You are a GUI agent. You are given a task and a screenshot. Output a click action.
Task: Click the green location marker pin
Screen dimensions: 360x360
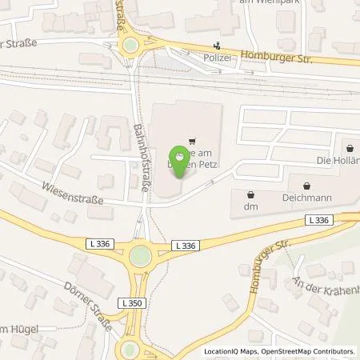tap(180, 160)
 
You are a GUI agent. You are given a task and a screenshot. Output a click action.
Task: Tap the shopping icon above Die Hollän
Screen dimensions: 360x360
tap(350, 147)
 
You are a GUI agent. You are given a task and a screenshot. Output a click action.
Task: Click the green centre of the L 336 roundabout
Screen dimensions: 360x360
tap(141, 256)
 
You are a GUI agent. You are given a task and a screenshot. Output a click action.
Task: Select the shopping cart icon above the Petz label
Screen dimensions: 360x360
tap(191, 142)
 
